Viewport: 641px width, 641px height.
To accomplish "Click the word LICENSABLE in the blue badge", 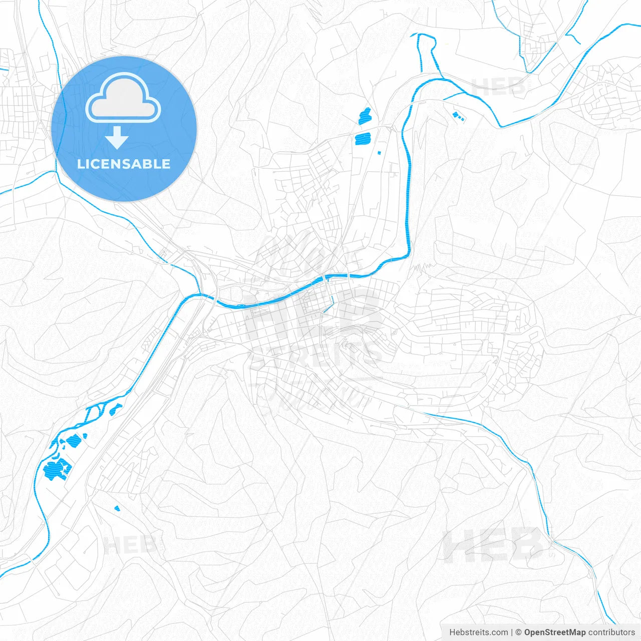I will [124, 164].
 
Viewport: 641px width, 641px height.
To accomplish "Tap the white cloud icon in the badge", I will [123, 99].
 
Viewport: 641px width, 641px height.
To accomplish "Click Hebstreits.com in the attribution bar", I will [478, 632].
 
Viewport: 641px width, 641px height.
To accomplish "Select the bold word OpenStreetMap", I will [554, 632].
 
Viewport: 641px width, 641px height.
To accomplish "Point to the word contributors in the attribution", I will [611, 632].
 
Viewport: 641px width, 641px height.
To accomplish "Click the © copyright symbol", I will [518, 632].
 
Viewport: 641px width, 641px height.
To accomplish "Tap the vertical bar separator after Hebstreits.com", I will [512, 632].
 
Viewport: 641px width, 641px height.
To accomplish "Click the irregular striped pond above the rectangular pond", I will [365, 116].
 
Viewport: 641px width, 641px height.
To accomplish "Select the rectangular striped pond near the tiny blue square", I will [363, 138].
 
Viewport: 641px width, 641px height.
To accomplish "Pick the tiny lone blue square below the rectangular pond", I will [379, 152].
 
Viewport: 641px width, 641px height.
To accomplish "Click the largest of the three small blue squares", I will [456, 115].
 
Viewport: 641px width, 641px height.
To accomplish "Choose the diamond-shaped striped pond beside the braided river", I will [74, 440].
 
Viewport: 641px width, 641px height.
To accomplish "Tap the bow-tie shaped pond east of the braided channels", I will [116, 409].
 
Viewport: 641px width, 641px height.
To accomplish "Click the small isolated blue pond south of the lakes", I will [117, 509].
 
